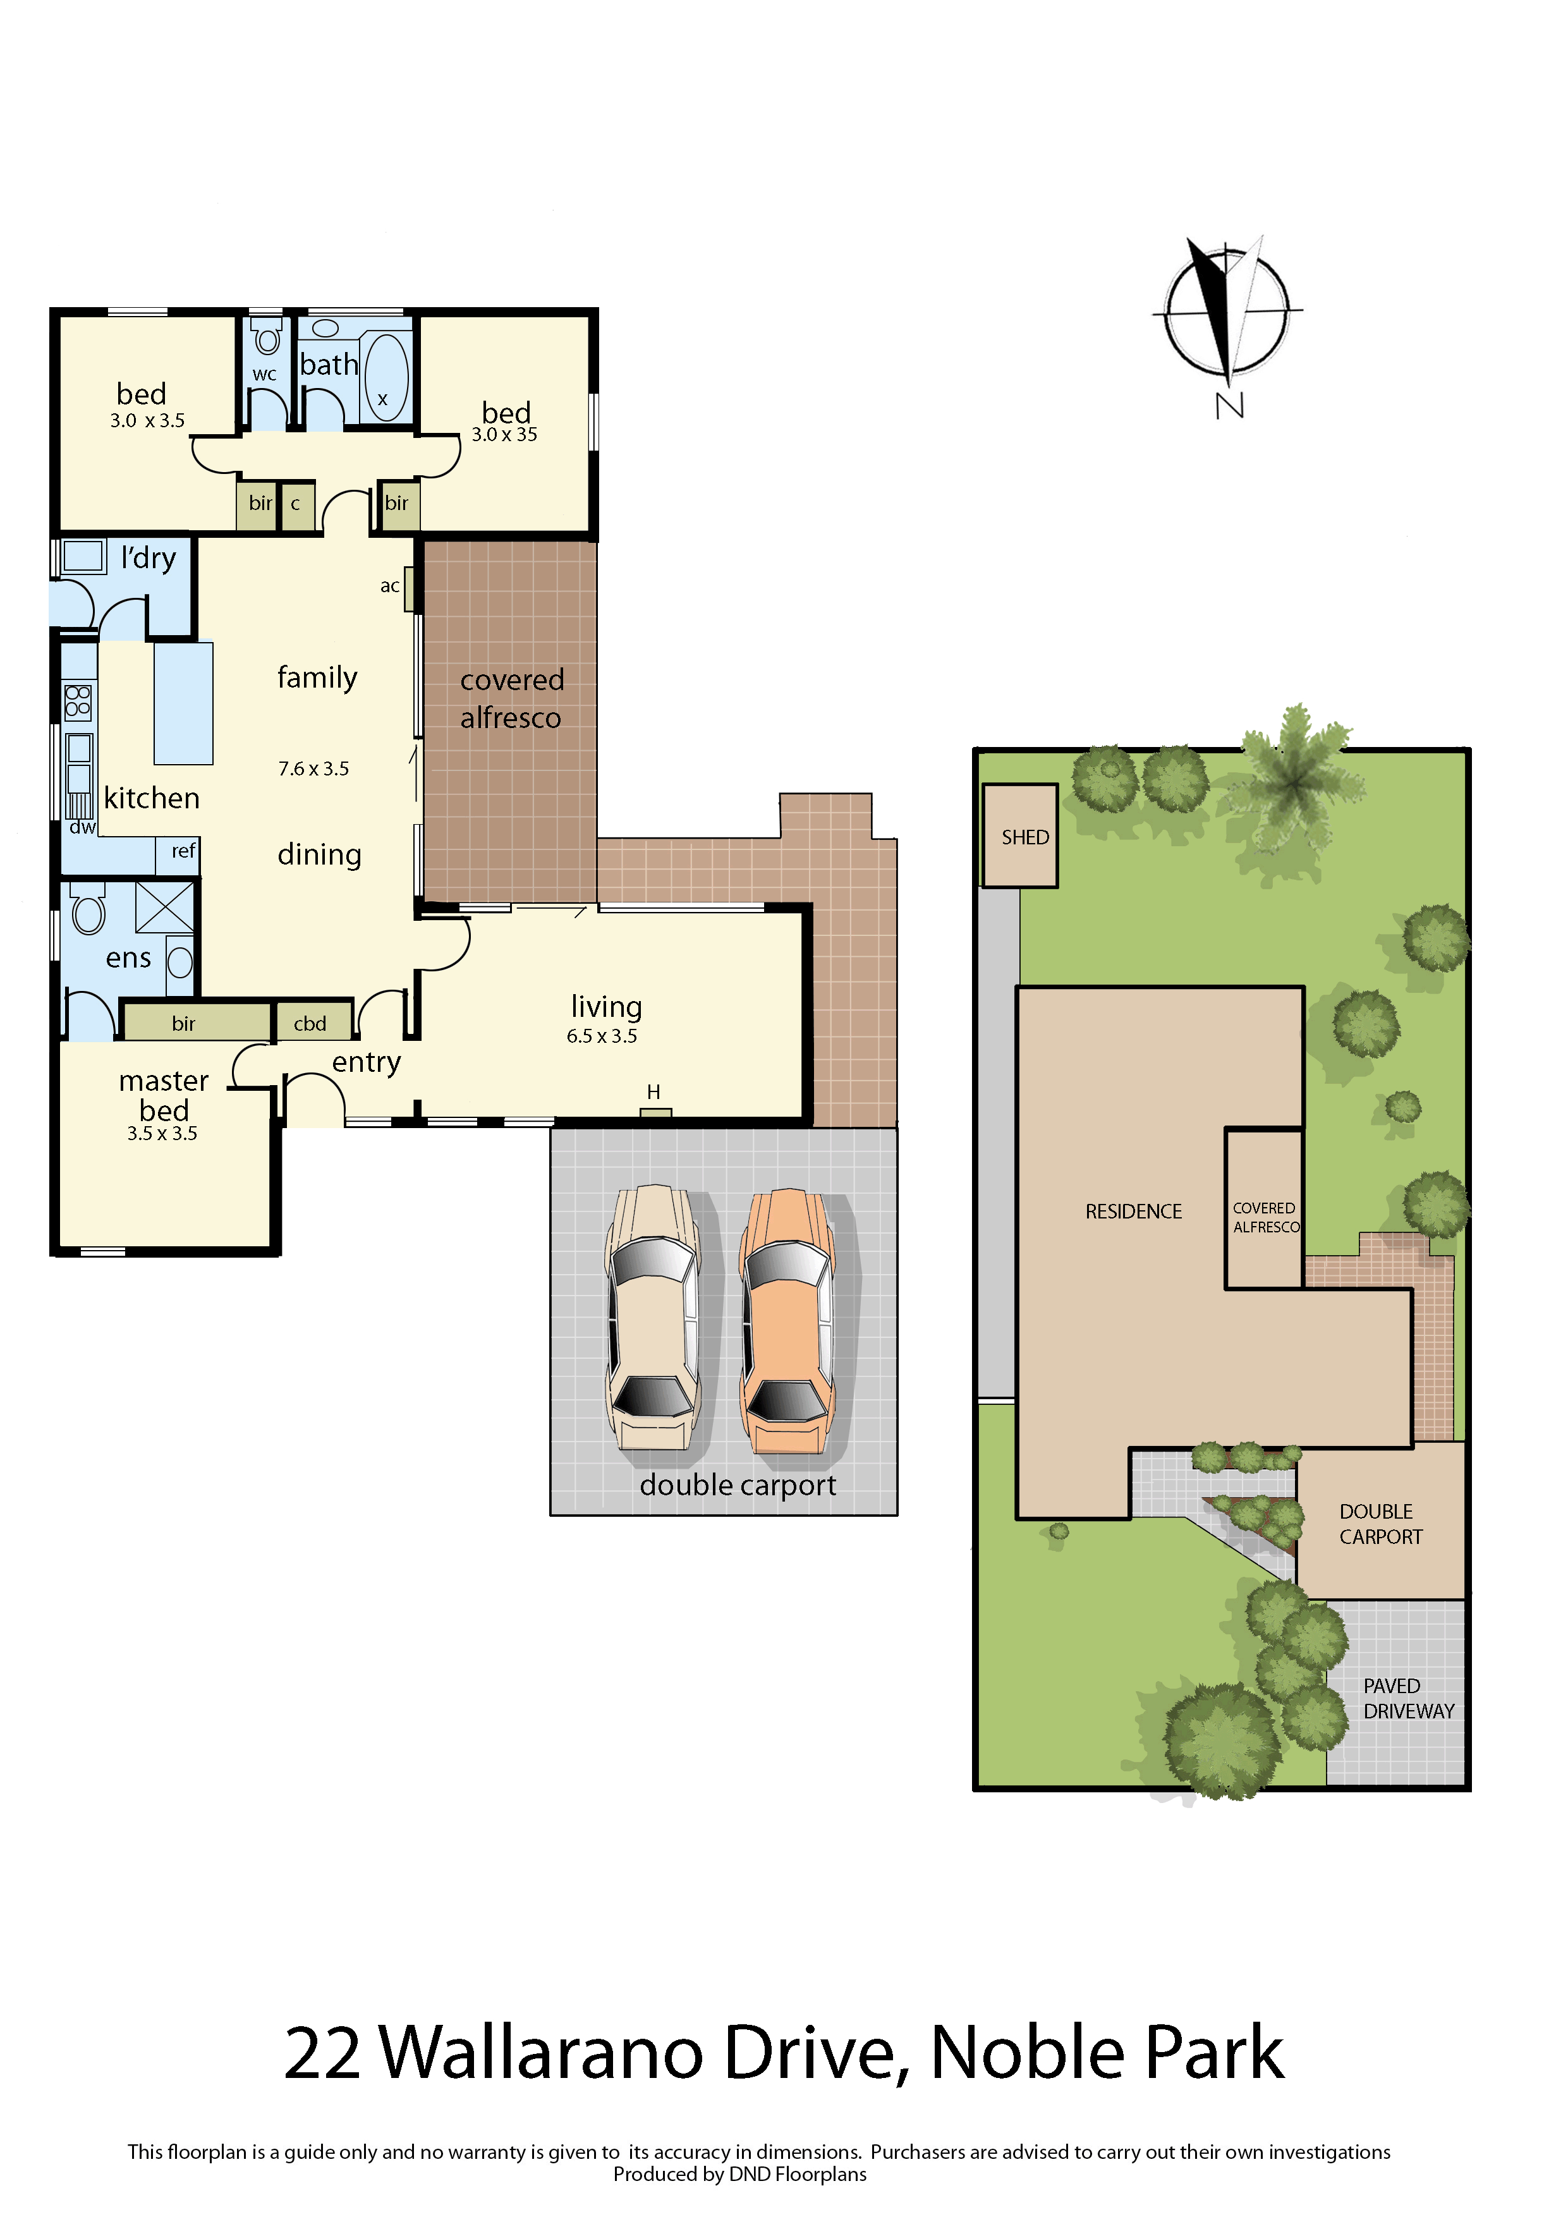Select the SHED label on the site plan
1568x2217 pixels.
pyautogui.click(x=1024, y=837)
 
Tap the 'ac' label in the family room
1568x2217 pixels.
pyautogui.click(x=389, y=586)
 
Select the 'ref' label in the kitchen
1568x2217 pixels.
pyautogui.click(x=183, y=851)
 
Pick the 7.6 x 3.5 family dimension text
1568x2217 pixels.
pyautogui.click(x=314, y=768)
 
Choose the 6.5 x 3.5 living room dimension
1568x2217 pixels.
pyautogui.click(x=602, y=1036)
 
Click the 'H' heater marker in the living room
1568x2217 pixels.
pyautogui.click(x=653, y=1092)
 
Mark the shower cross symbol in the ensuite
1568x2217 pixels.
pyautogui.click(x=164, y=907)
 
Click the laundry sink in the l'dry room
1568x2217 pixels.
pyautogui.click(x=83, y=557)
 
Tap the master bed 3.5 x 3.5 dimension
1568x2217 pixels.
pyautogui.click(x=162, y=1134)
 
